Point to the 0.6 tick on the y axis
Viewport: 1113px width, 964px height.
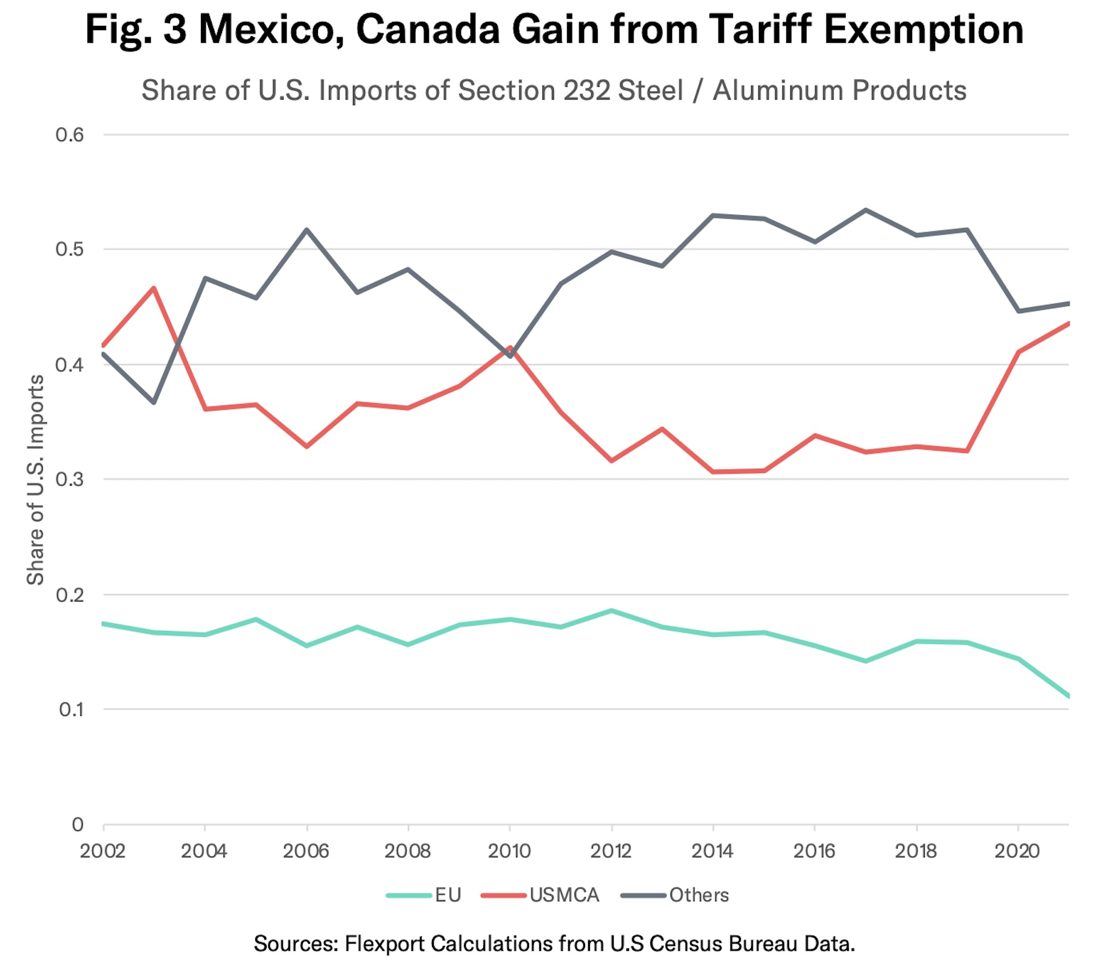pyautogui.click(x=69, y=135)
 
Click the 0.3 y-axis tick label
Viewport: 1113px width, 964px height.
pyautogui.click(x=69, y=480)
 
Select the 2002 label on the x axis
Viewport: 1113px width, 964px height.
pyautogui.click(x=103, y=851)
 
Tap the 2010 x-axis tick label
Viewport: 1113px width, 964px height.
pyautogui.click(x=510, y=851)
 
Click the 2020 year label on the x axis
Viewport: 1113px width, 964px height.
pyautogui.click(x=1018, y=851)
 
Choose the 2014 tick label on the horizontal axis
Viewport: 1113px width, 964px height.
pyautogui.click(x=713, y=851)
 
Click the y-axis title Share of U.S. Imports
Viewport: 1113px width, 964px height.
pyautogui.click(x=36, y=480)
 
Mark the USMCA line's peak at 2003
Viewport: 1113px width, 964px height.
pyautogui.click(x=154, y=288)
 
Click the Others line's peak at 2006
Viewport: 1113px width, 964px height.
pyautogui.click(x=307, y=229)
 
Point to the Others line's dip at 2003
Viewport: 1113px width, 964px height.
pyautogui.click(x=154, y=402)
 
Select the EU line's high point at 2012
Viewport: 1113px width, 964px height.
pyautogui.click(x=612, y=610)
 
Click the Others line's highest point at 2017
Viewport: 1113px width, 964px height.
pyautogui.click(x=866, y=210)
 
